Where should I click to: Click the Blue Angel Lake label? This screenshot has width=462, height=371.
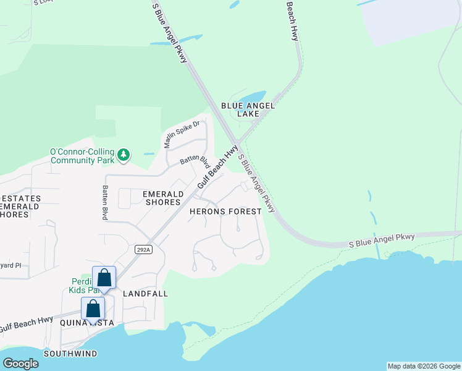[x=248, y=110]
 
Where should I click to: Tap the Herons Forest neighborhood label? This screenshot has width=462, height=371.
[x=224, y=211]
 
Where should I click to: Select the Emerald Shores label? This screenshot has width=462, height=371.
[x=162, y=198]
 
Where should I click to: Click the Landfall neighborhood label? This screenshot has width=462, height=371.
[x=145, y=294]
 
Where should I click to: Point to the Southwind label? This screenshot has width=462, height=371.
[x=70, y=353]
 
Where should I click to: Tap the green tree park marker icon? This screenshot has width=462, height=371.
[x=124, y=154]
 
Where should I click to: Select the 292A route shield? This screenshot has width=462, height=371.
[x=143, y=249]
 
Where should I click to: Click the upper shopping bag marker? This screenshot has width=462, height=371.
[x=104, y=277]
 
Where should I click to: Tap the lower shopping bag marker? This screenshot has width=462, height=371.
[x=93, y=308]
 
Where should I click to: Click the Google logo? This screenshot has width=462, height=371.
[x=20, y=364]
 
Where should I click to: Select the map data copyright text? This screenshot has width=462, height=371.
[x=424, y=366]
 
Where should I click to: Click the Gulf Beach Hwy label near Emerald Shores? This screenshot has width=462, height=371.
[x=217, y=168]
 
